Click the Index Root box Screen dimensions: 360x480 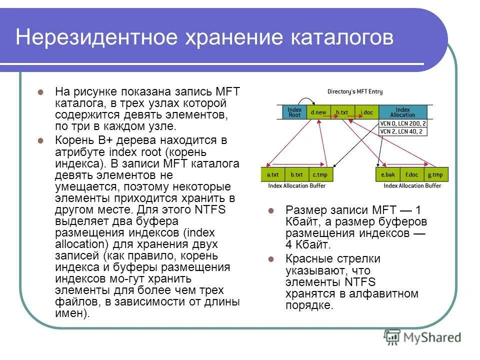295,112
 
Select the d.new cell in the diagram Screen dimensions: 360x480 317,112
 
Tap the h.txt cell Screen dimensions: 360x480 342,112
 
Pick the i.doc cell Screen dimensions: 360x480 366,112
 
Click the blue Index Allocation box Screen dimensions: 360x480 403,112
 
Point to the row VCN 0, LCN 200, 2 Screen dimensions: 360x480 403,123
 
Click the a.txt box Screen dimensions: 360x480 273,175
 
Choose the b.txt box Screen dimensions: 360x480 297,175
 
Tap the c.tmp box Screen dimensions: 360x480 321,175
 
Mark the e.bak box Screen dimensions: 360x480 388,175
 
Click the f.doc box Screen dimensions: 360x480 412,175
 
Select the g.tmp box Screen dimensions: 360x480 436,175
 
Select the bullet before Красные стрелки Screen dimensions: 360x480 270,259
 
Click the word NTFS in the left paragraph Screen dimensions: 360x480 211,209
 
